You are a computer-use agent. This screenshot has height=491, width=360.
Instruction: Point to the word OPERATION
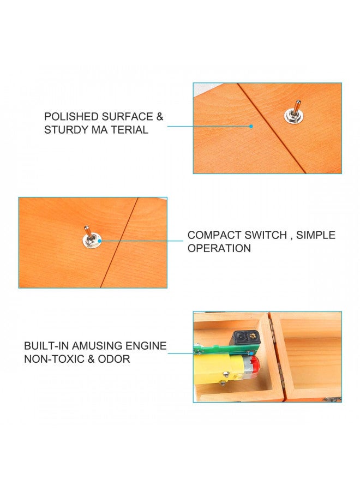click(x=219, y=248)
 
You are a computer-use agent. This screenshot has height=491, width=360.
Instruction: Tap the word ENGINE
click(x=147, y=346)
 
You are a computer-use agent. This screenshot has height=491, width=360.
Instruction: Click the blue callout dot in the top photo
click(x=251, y=126)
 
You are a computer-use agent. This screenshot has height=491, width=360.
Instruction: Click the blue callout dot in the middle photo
click(x=102, y=241)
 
